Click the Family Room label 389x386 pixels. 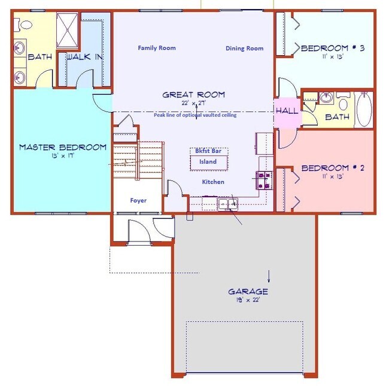[157, 48]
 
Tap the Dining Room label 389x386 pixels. [244, 49]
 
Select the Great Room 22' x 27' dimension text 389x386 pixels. [193, 103]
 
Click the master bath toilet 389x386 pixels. [23, 25]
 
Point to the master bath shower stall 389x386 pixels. [67, 30]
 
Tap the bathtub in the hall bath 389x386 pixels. [364, 110]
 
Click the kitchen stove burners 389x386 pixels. [264, 180]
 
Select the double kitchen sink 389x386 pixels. [228, 204]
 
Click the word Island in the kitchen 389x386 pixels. [208, 162]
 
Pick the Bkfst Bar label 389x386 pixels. [208, 151]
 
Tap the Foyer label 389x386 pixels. [138, 200]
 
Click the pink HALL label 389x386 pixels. [287, 111]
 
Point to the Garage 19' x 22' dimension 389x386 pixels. [248, 300]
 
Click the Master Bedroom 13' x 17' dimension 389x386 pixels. [63, 156]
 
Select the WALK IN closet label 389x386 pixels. [84, 57]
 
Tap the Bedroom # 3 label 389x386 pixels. [333, 48]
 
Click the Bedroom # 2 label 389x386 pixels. [333, 168]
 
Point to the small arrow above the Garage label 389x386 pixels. [269, 276]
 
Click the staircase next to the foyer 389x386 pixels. [138, 160]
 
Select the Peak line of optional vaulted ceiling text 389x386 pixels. [195, 115]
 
